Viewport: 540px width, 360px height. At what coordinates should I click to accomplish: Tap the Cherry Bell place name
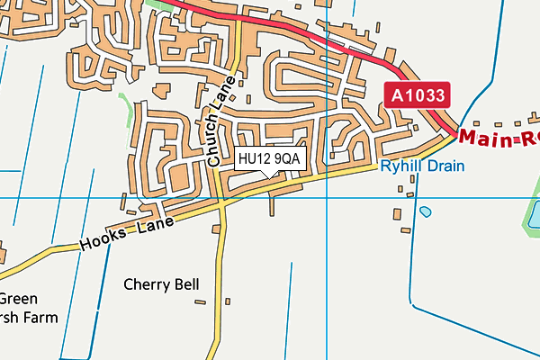pyautogui.click(x=161, y=284)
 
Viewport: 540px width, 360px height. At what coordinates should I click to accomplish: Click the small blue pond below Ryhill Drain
pyautogui.click(x=425, y=211)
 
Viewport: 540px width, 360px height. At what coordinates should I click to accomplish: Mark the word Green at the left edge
pyautogui.click(x=17, y=299)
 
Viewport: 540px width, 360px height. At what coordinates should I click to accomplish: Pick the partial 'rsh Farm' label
pyautogui.click(x=27, y=318)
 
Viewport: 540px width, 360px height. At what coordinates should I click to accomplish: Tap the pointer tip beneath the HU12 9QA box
pyautogui.click(x=264, y=174)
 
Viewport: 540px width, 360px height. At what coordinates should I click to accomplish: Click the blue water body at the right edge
pyautogui.click(x=534, y=214)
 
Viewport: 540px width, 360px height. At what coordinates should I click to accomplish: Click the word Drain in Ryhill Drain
pyautogui.click(x=446, y=166)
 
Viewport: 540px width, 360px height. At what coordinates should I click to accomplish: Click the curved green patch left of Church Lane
pyautogui.click(x=128, y=108)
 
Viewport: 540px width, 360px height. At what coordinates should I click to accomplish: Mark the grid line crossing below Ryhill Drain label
pyautogui.click(x=327, y=197)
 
